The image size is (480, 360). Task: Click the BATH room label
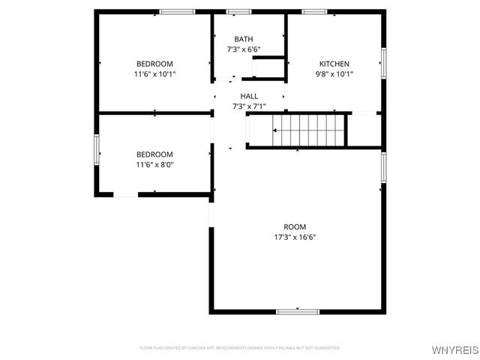[x=244, y=39]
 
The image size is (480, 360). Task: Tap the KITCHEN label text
[x=334, y=64]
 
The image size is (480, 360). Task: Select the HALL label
[x=249, y=96]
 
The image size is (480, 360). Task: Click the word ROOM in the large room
[x=295, y=226]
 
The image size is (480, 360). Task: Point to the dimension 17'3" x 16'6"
[x=295, y=238]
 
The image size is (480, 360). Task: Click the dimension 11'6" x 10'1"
[x=154, y=74]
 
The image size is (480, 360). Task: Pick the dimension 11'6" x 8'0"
[x=154, y=165]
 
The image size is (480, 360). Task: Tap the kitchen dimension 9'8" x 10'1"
[x=334, y=74]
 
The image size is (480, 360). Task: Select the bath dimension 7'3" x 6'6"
[x=244, y=49]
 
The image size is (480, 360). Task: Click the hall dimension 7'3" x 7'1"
[x=249, y=106]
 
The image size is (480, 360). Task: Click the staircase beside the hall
[x=307, y=130]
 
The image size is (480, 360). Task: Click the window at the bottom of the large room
[x=298, y=311]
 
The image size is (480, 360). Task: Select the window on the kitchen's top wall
[x=314, y=11]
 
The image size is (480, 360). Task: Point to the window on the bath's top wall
[x=238, y=11]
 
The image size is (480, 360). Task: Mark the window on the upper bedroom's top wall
[x=177, y=11]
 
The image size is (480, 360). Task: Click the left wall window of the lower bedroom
[x=96, y=148]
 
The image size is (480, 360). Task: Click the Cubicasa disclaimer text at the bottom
[x=240, y=348]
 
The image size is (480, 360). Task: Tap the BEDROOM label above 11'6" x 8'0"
[x=154, y=154]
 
